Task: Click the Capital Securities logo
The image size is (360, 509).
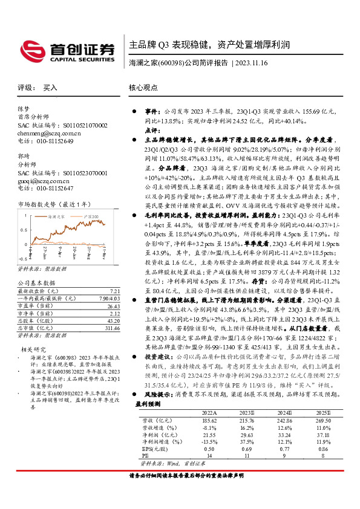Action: point(67,51)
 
